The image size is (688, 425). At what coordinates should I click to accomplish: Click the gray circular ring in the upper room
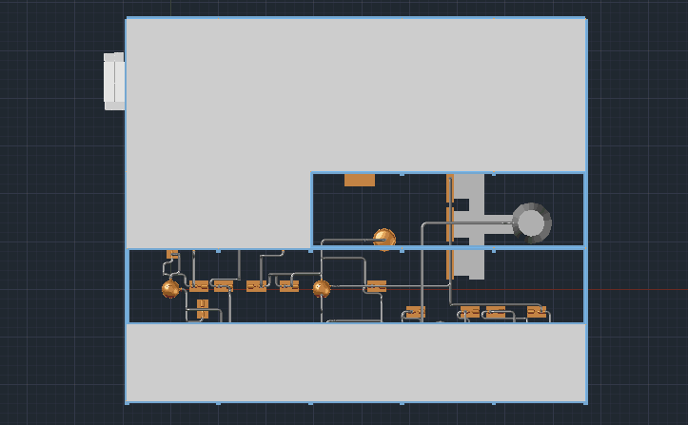coord(531,223)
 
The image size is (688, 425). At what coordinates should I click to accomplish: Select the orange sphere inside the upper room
coord(383,238)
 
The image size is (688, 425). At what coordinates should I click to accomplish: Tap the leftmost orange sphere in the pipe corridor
coord(170,289)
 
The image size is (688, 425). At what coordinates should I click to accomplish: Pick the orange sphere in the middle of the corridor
coord(322,289)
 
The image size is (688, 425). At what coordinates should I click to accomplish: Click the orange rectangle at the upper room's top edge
coord(359,180)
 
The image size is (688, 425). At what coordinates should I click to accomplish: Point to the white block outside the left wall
coord(114,81)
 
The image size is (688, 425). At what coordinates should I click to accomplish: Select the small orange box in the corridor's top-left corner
coord(172,254)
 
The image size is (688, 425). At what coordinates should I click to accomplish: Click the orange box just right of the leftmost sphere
coord(199,286)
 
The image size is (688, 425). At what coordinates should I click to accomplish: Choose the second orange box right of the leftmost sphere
coord(224,286)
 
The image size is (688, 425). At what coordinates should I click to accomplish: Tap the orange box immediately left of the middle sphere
coord(288,286)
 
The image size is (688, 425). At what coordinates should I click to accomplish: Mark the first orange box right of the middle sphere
coord(377,285)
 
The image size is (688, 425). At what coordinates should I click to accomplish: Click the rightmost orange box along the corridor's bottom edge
coord(537,312)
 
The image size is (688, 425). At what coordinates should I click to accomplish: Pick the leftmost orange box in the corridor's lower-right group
coord(415,312)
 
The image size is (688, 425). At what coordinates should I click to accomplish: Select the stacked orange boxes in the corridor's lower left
coord(202,309)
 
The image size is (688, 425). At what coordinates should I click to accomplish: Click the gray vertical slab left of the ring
coord(468,226)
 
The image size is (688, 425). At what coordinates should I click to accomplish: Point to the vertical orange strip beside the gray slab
coord(449,226)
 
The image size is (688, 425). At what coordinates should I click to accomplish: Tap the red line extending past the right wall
coord(638,290)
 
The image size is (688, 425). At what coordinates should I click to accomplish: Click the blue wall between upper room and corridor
coord(447,247)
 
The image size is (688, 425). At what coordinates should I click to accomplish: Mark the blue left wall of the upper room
coord(311,209)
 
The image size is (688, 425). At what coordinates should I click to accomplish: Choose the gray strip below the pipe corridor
coord(355,362)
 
